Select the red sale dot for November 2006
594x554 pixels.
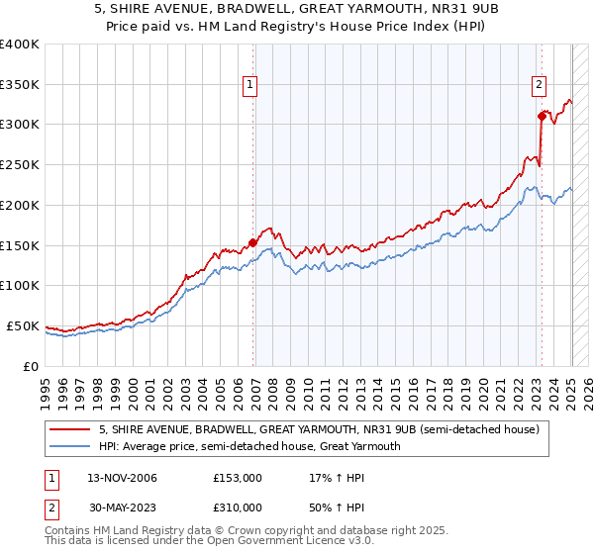coord(253,241)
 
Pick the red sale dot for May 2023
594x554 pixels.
coord(542,116)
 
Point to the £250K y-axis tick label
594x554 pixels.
coord(19,164)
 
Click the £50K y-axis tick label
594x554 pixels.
coord(23,325)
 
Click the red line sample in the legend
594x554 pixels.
coord(71,429)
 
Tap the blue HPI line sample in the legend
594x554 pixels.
coord(71,446)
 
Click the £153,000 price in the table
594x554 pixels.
coord(237,478)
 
